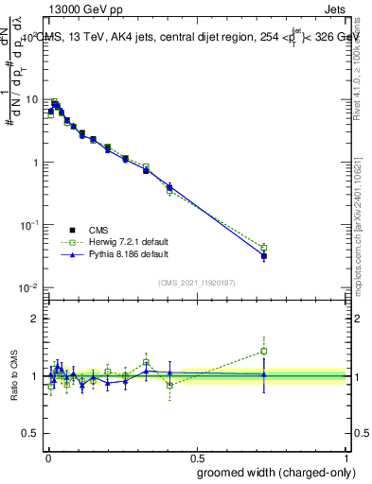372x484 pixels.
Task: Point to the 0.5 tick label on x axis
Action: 196,455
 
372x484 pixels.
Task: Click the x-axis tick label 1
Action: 347,455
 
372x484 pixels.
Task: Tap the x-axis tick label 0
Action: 46,455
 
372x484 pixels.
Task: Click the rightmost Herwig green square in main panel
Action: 264,248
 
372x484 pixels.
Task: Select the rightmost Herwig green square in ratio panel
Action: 264,351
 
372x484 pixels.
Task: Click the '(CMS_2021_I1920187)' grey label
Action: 196,283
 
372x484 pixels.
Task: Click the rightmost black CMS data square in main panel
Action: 264,256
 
